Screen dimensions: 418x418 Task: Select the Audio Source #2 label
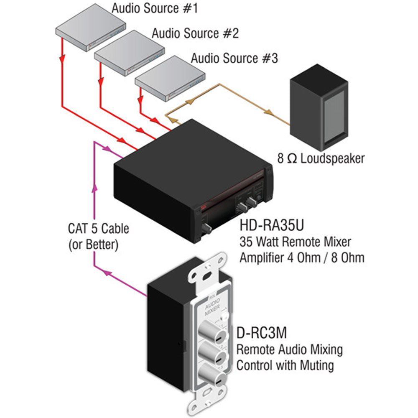(x=195, y=33)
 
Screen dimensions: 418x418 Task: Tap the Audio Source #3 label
(x=234, y=58)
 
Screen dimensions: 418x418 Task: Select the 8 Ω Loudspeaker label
(x=321, y=158)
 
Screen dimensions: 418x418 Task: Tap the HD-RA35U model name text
(x=272, y=226)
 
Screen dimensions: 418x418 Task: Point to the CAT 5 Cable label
(x=99, y=229)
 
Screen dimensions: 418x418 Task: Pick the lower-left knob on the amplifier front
(x=206, y=228)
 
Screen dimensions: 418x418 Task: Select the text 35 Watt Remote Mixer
(x=295, y=242)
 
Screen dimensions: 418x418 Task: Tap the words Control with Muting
(x=285, y=366)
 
